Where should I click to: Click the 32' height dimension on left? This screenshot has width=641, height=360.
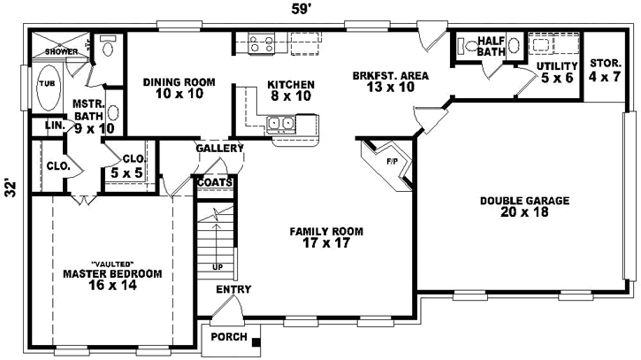tap(11, 188)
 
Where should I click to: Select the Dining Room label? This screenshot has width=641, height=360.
tap(173, 88)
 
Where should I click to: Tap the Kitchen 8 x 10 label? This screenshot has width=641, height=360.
tap(290, 90)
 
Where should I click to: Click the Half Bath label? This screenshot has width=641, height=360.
tap(491, 46)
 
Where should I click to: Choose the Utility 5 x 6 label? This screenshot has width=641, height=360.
tap(557, 72)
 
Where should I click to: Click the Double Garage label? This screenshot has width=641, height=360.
tap(524, 206)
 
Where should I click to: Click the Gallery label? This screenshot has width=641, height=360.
tap(219, 148)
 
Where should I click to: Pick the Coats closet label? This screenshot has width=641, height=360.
tap(215, 183)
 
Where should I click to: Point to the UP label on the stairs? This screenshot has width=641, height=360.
tap(217, 266)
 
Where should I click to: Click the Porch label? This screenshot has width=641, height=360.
tap(229, 338)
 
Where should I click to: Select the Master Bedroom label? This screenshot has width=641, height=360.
tap(112, 280)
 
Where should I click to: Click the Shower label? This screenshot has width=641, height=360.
tap(62, 52)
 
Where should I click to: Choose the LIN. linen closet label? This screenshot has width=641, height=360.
tap(54, 126)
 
